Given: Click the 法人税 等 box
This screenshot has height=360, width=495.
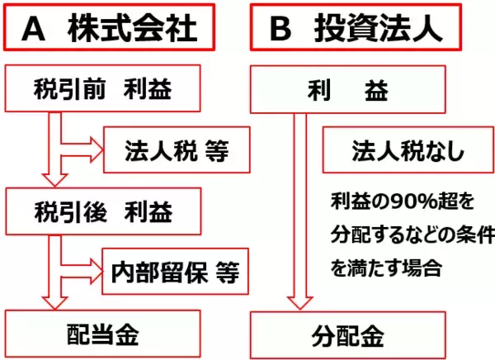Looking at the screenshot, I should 175,150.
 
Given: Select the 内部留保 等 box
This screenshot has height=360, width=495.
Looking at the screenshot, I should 175,271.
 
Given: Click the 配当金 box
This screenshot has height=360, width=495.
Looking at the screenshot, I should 103,334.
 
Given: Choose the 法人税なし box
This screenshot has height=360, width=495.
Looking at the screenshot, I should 398,151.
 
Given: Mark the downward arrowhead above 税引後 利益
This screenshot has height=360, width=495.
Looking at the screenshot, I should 55,179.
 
